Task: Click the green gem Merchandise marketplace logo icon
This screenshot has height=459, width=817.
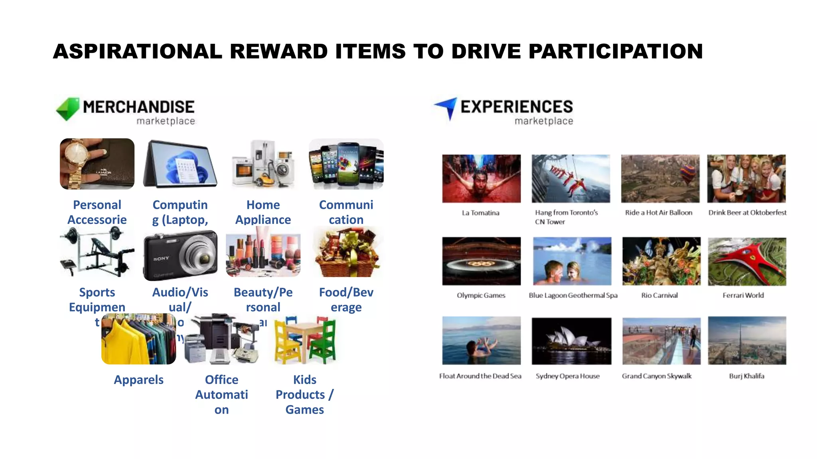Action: click(x=68, y=108)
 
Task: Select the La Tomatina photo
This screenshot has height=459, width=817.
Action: click(x=481, y=178)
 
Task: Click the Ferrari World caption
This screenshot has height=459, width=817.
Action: click(x=743, y=295)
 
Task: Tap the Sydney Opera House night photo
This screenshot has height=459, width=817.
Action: click(x=571, y=341)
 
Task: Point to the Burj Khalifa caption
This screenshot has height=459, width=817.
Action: click(x=746, y=376)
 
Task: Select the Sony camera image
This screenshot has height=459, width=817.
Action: click(x=180, y=255)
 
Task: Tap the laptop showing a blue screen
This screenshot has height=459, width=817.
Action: click(x=180, y=164)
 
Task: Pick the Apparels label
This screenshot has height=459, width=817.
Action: click(x=138, y=380)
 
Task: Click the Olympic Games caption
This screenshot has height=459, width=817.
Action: click(x=481, y=295)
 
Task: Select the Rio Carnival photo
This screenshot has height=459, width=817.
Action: click(x=661, y=261)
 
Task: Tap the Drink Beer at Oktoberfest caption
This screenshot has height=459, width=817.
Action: click(x=747, y=212)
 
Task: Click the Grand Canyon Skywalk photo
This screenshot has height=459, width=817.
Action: click(x=661, y=341)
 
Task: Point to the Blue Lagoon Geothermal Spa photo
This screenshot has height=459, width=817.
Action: click(x=572, y=261)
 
